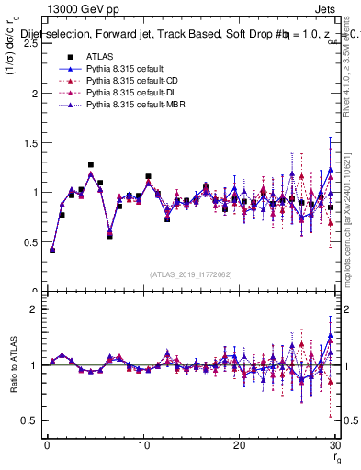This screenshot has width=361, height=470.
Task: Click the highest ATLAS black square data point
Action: (x=91, y=165)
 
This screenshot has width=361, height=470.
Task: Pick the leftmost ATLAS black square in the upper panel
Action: (x=52, y=250)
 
